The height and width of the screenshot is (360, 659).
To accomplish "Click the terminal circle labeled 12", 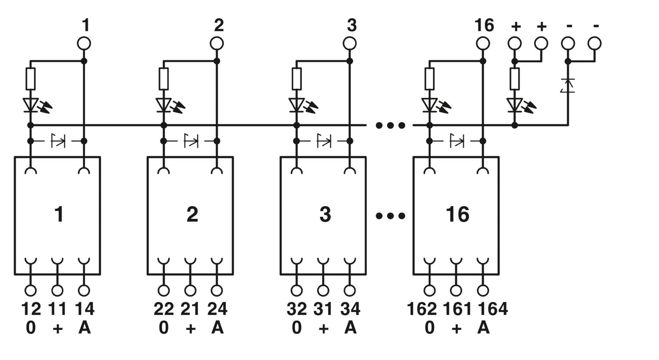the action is pos(31,290).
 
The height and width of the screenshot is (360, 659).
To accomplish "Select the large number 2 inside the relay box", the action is pos(192,215).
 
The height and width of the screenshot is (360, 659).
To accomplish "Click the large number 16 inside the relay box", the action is pos(457,215).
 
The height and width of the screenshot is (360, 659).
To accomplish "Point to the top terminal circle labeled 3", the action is pos(350,43).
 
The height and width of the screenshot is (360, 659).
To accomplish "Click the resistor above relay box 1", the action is pos(31,79).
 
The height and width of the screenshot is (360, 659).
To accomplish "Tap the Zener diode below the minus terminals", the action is pos(568,86).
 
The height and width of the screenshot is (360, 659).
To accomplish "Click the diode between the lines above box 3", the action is pos(324,141).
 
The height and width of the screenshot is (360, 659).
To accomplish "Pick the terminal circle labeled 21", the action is pos(190,290).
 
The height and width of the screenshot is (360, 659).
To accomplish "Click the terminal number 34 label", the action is pos(351,309).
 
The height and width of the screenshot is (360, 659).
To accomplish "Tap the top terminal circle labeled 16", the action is pos(483,43).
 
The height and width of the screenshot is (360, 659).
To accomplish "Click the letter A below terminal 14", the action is pos(84,328).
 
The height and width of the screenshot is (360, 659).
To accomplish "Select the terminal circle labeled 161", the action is pos(456,290).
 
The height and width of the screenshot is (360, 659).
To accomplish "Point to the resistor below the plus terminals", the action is pos(514,79).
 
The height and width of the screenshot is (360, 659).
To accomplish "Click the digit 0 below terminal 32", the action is pos(297,328).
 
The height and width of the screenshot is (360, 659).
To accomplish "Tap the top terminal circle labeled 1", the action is pos(84,43).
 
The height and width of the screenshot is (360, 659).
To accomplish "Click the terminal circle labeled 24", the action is pos(217,290).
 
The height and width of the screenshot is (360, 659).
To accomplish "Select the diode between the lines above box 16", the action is pos(456,141).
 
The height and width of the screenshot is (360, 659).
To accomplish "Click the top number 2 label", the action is pos(219,25).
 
